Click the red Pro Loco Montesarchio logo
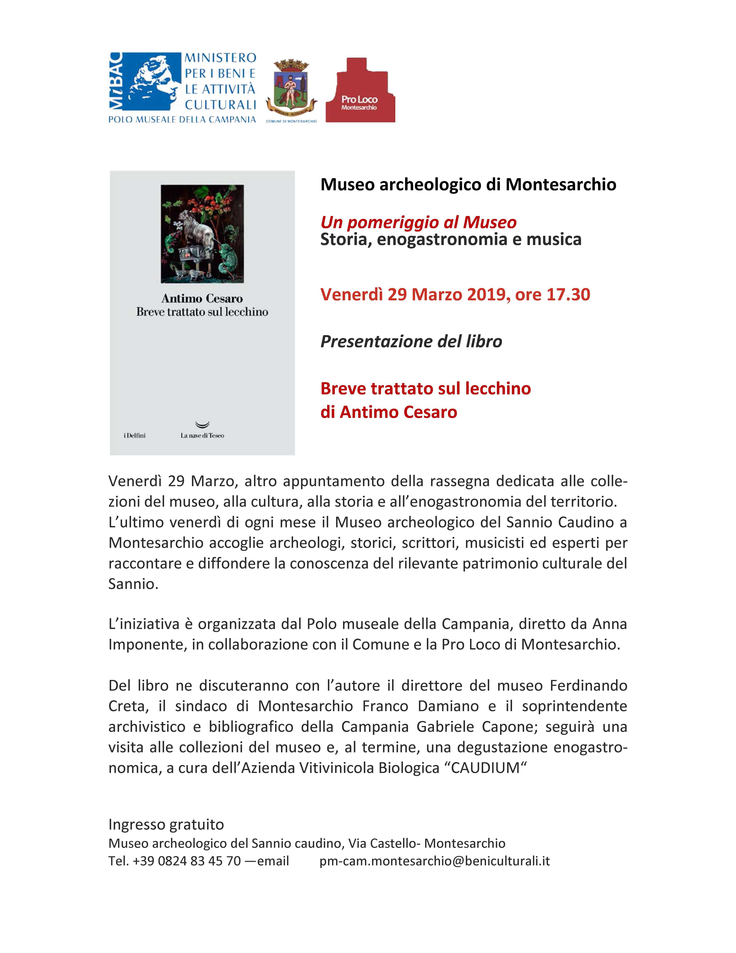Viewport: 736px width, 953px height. coord(360,90)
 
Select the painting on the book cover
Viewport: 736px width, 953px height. coord(202,234)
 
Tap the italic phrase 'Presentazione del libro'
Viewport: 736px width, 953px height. coord(411,341)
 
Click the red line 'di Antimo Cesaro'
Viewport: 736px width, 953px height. coord(388,412)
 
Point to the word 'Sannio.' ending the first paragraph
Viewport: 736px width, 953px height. coord(133,584)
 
